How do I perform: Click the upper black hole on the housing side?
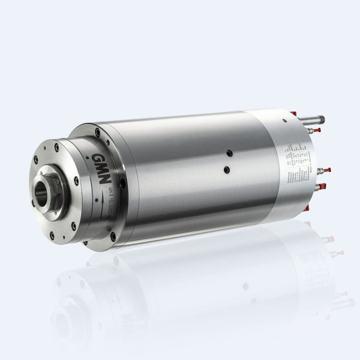tap(229, 153)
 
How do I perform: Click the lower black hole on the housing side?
tap(227, 169)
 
